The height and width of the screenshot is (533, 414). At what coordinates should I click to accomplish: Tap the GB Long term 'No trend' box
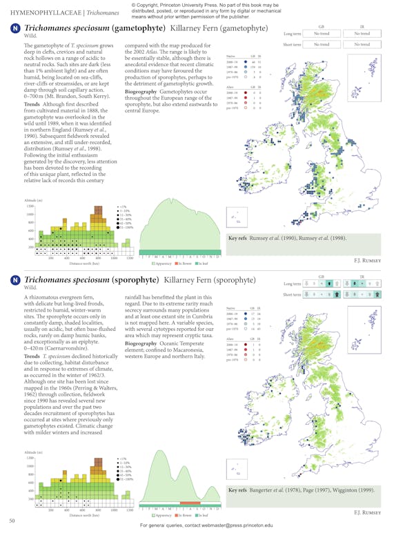pos(321,32)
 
